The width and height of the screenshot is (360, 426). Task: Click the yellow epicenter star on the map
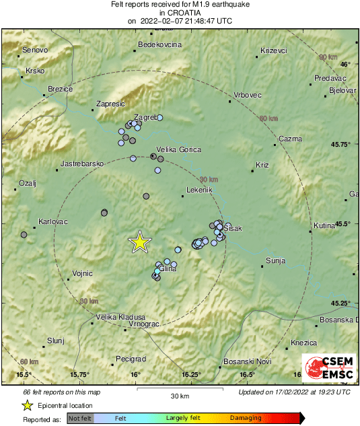[x=139, y=242]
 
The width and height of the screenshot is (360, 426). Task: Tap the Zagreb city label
[x=146, y=117]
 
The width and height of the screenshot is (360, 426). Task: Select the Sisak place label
[x=232, y=229]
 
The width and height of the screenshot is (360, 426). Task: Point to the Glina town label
[x=168, y=268]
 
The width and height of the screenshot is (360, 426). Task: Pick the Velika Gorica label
[x=178, y=149]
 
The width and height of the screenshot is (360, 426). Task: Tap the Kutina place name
[x=324, y=225]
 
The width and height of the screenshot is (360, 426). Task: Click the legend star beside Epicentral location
[x=27, y=405]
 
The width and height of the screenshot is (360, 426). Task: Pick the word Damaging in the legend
[x=246, y=418]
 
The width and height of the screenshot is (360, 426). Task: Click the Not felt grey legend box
[x=80, y=418]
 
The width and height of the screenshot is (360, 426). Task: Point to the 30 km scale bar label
[x=180, y=394]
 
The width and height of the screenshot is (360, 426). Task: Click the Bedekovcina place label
[x=159, y=44]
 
